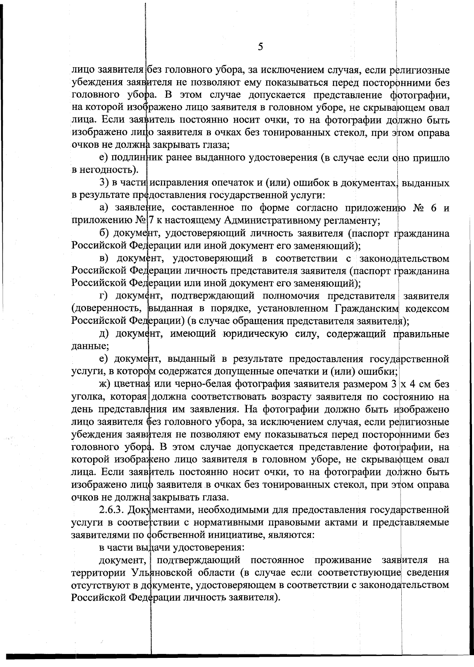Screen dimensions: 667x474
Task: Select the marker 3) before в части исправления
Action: (x=103, y=183)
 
